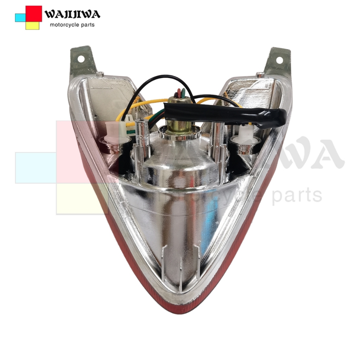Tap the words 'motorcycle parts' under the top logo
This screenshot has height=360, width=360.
[72, 25]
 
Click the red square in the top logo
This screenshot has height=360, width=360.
[34, 14]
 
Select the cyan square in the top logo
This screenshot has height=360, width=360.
[20, 18]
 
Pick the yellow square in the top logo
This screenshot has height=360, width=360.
[32, 26]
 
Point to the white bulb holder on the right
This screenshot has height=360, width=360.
[246, 135]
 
